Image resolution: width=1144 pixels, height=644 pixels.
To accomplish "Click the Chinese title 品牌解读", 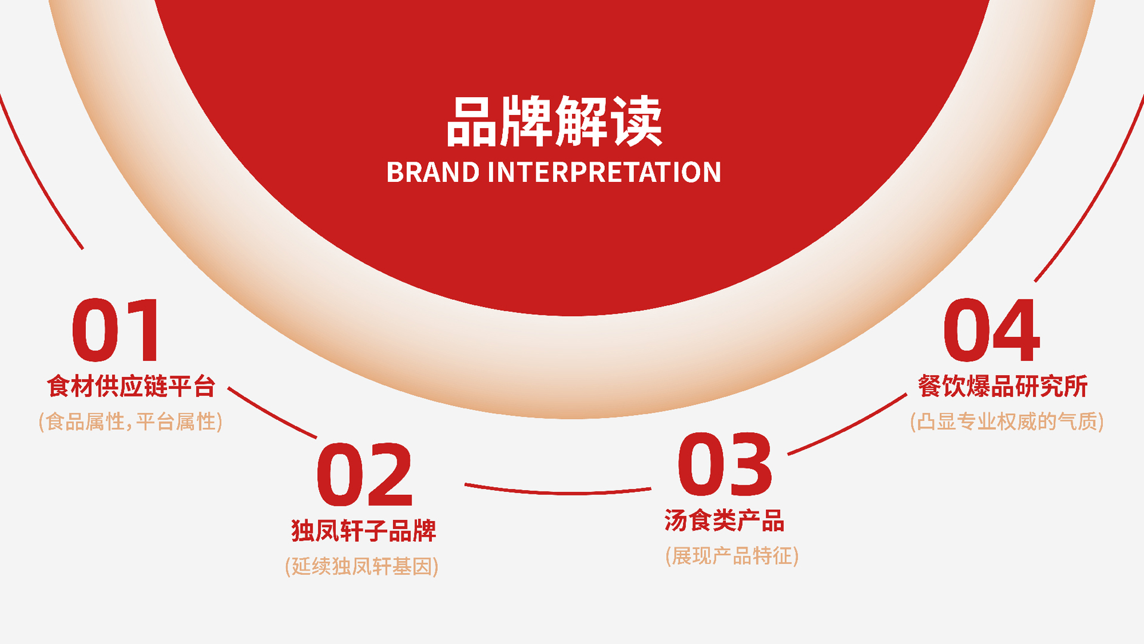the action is (x=554, y=122).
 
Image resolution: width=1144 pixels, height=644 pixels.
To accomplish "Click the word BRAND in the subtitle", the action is (x=433, y=172).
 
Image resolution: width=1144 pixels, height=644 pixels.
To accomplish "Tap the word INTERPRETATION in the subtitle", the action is (x=604, y=172).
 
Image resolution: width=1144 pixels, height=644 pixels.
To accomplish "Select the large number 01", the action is (x=116, y=330).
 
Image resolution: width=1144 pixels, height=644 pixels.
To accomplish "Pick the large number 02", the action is (x=364, y=475).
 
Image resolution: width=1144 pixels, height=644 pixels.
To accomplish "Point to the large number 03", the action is (x=725, y=465).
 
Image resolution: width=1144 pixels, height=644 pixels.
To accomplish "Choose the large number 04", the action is (x=992, y=330).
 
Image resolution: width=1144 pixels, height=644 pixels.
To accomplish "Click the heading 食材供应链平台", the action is (x=131, y=386).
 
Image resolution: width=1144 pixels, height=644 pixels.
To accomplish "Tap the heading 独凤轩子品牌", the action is (x=364, y=531).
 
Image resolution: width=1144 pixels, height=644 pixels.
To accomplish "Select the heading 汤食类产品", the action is (x=725, y=521).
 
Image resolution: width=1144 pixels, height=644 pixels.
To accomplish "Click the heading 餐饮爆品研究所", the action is (x=1003, y=386).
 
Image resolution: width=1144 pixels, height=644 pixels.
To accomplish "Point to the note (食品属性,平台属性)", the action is (x=131, y=422).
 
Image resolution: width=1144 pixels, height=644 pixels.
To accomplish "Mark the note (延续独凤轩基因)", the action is (x=362, y=566).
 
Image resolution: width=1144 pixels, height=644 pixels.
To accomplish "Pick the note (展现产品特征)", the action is (x=732, y=556).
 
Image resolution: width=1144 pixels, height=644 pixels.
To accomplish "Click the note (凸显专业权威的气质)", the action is (x=1007, y=422).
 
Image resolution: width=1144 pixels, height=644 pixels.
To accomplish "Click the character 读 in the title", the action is (x=636, y=122).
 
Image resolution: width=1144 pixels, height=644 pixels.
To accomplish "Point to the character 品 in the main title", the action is (x=472, y=122).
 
